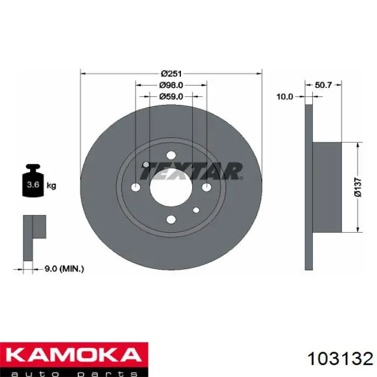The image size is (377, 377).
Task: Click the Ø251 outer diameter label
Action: click(x=171, y=73)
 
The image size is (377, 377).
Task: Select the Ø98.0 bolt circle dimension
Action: click(x=171, y=85)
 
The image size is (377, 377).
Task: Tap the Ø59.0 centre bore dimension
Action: click(x=171, y=96)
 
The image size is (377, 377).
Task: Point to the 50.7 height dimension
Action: click(x=323, y=85)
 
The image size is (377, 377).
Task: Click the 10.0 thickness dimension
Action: click(x=285, y=96)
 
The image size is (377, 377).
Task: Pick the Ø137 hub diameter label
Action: click(x=358, y=187)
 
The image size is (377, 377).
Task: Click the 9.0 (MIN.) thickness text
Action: click(x=65, y=269)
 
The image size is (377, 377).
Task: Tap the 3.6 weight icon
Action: click(x=33, y=181)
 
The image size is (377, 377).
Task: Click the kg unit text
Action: click(x=52, y=186)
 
